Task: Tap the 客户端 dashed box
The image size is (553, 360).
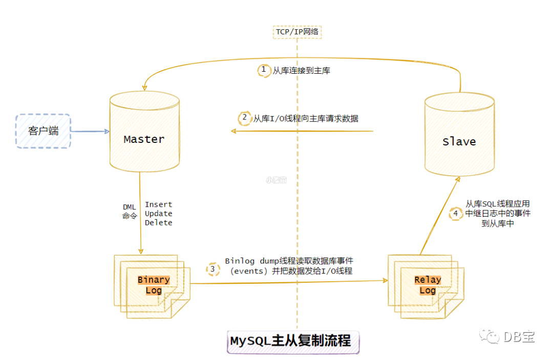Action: (x=43, y=131)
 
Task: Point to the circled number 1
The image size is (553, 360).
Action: (x=264, y=70)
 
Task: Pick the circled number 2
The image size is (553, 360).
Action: (x=245, y=118)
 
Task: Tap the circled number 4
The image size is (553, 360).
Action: (x=455, y=213)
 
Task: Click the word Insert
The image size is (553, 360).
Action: (x=158, y=204)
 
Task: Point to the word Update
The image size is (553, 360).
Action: (x=158, y=214)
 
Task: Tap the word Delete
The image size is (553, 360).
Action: (x=158, y=223)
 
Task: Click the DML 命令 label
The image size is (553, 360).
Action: (x=129, y=211)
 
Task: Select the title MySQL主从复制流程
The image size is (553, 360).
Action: (x=290, y=341)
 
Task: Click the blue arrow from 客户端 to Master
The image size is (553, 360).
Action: (x=90, y=131)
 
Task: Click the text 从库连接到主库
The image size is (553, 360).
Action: (x=301, y=71)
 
